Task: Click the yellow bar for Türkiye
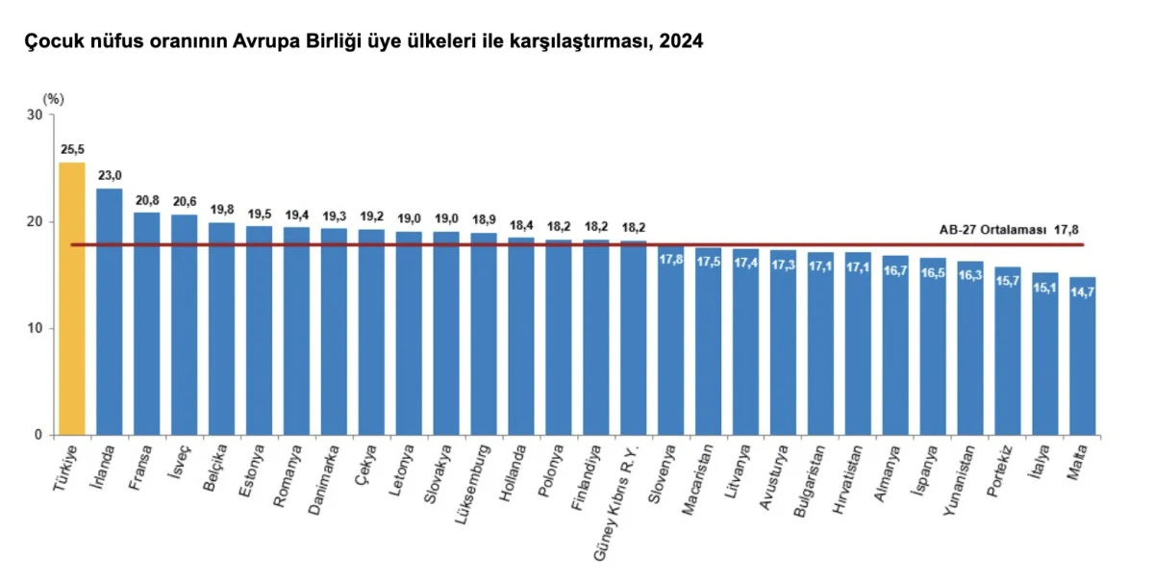point(72,298)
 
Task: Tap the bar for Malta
point(1083,356)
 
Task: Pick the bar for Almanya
point(895,345)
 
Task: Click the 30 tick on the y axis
point(37,115)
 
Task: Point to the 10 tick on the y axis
point(37,329)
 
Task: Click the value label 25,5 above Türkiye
point(72,150)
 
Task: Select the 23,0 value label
point(110,176)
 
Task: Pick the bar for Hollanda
point(520,337)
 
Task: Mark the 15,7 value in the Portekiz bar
point(1008,282)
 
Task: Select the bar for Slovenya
point(670,342)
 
